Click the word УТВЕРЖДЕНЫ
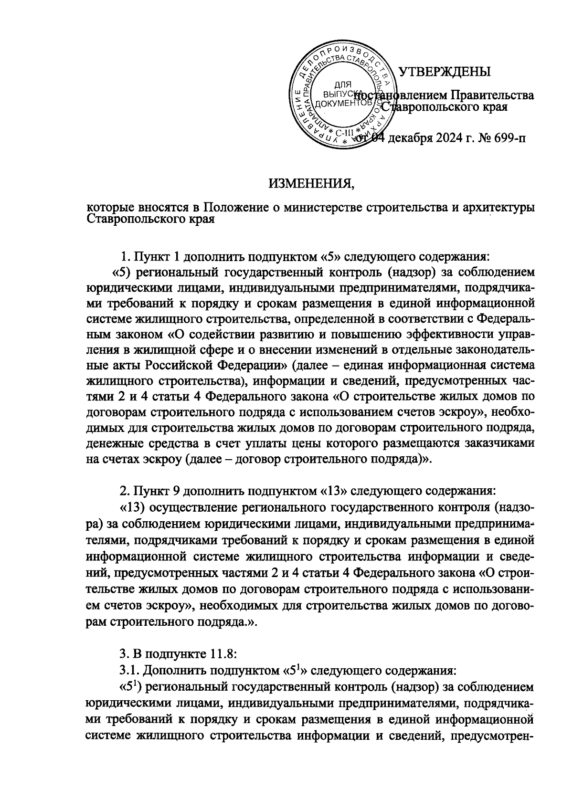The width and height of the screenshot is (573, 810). (444, 72)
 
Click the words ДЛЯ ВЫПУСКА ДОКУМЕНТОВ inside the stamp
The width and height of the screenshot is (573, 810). (339, 94)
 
